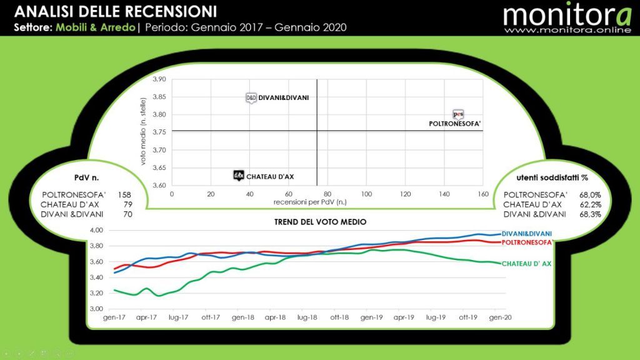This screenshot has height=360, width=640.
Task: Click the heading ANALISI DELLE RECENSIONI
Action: coord(116,11)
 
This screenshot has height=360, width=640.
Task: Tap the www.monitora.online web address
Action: coord(567,29)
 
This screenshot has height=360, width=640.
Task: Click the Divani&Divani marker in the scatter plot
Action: coord(251,97)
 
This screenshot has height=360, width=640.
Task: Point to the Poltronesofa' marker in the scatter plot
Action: coord(458,114)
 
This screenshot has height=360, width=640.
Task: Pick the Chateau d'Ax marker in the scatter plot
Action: coord(238,176)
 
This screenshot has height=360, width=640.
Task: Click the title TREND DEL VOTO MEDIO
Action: coord(320,222)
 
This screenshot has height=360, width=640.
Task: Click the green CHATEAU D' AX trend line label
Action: coord(526,264)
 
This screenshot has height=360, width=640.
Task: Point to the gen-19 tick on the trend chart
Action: coord(371,317)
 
